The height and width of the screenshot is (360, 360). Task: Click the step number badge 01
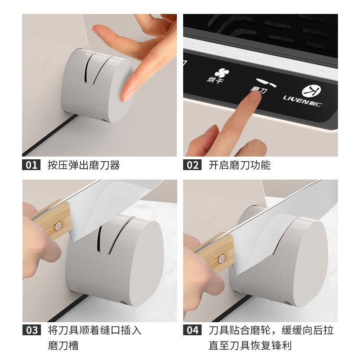tap(31, 165)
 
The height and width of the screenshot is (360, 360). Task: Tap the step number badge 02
tap(192, 165)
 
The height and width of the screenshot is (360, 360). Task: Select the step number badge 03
tap(31, 330)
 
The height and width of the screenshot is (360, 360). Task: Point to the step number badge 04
tap(193, 330)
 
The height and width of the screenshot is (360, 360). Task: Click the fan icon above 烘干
tap(222, 72)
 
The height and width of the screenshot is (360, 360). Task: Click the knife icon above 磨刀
tap(266, 82)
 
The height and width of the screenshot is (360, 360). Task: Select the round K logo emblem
tap(311, 91)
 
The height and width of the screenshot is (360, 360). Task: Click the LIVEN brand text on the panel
tap(296, 99)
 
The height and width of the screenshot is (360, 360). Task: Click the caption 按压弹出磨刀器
tap(84, 165)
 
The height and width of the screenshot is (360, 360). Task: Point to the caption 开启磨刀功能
tap(239, 165)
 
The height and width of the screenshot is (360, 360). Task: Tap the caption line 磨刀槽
tap(63, 346)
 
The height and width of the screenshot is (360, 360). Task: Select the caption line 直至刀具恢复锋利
tap(250, 346)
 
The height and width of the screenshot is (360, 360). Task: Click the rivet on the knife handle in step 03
tap(58, 226)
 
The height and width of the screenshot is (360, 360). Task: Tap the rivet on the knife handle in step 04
tap(221, 258)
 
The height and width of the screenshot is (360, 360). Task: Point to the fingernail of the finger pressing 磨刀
tap(255, 97)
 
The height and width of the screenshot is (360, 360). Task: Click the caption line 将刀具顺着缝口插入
tap(94, 330)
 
